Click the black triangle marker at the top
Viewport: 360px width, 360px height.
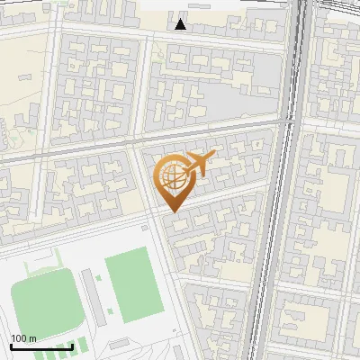pyautogui.click(x=181, y=24)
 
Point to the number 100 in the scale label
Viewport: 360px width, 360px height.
pyautogui.click(x=20, y=338)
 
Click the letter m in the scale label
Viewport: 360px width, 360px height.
pyautogui.click(x=33, y=338)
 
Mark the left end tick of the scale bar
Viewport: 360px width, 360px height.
pyautogui.click(x=11, y=346)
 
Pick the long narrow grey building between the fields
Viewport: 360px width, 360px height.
pyautogui.click(x=91, y=297)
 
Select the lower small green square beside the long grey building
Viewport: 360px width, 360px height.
pyautogui.click(x=110, y=311)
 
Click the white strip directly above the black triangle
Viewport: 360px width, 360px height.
pyautogui.click(x=181, y=7)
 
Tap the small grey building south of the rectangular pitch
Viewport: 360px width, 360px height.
pyautogui.click(x=120, y=345)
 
